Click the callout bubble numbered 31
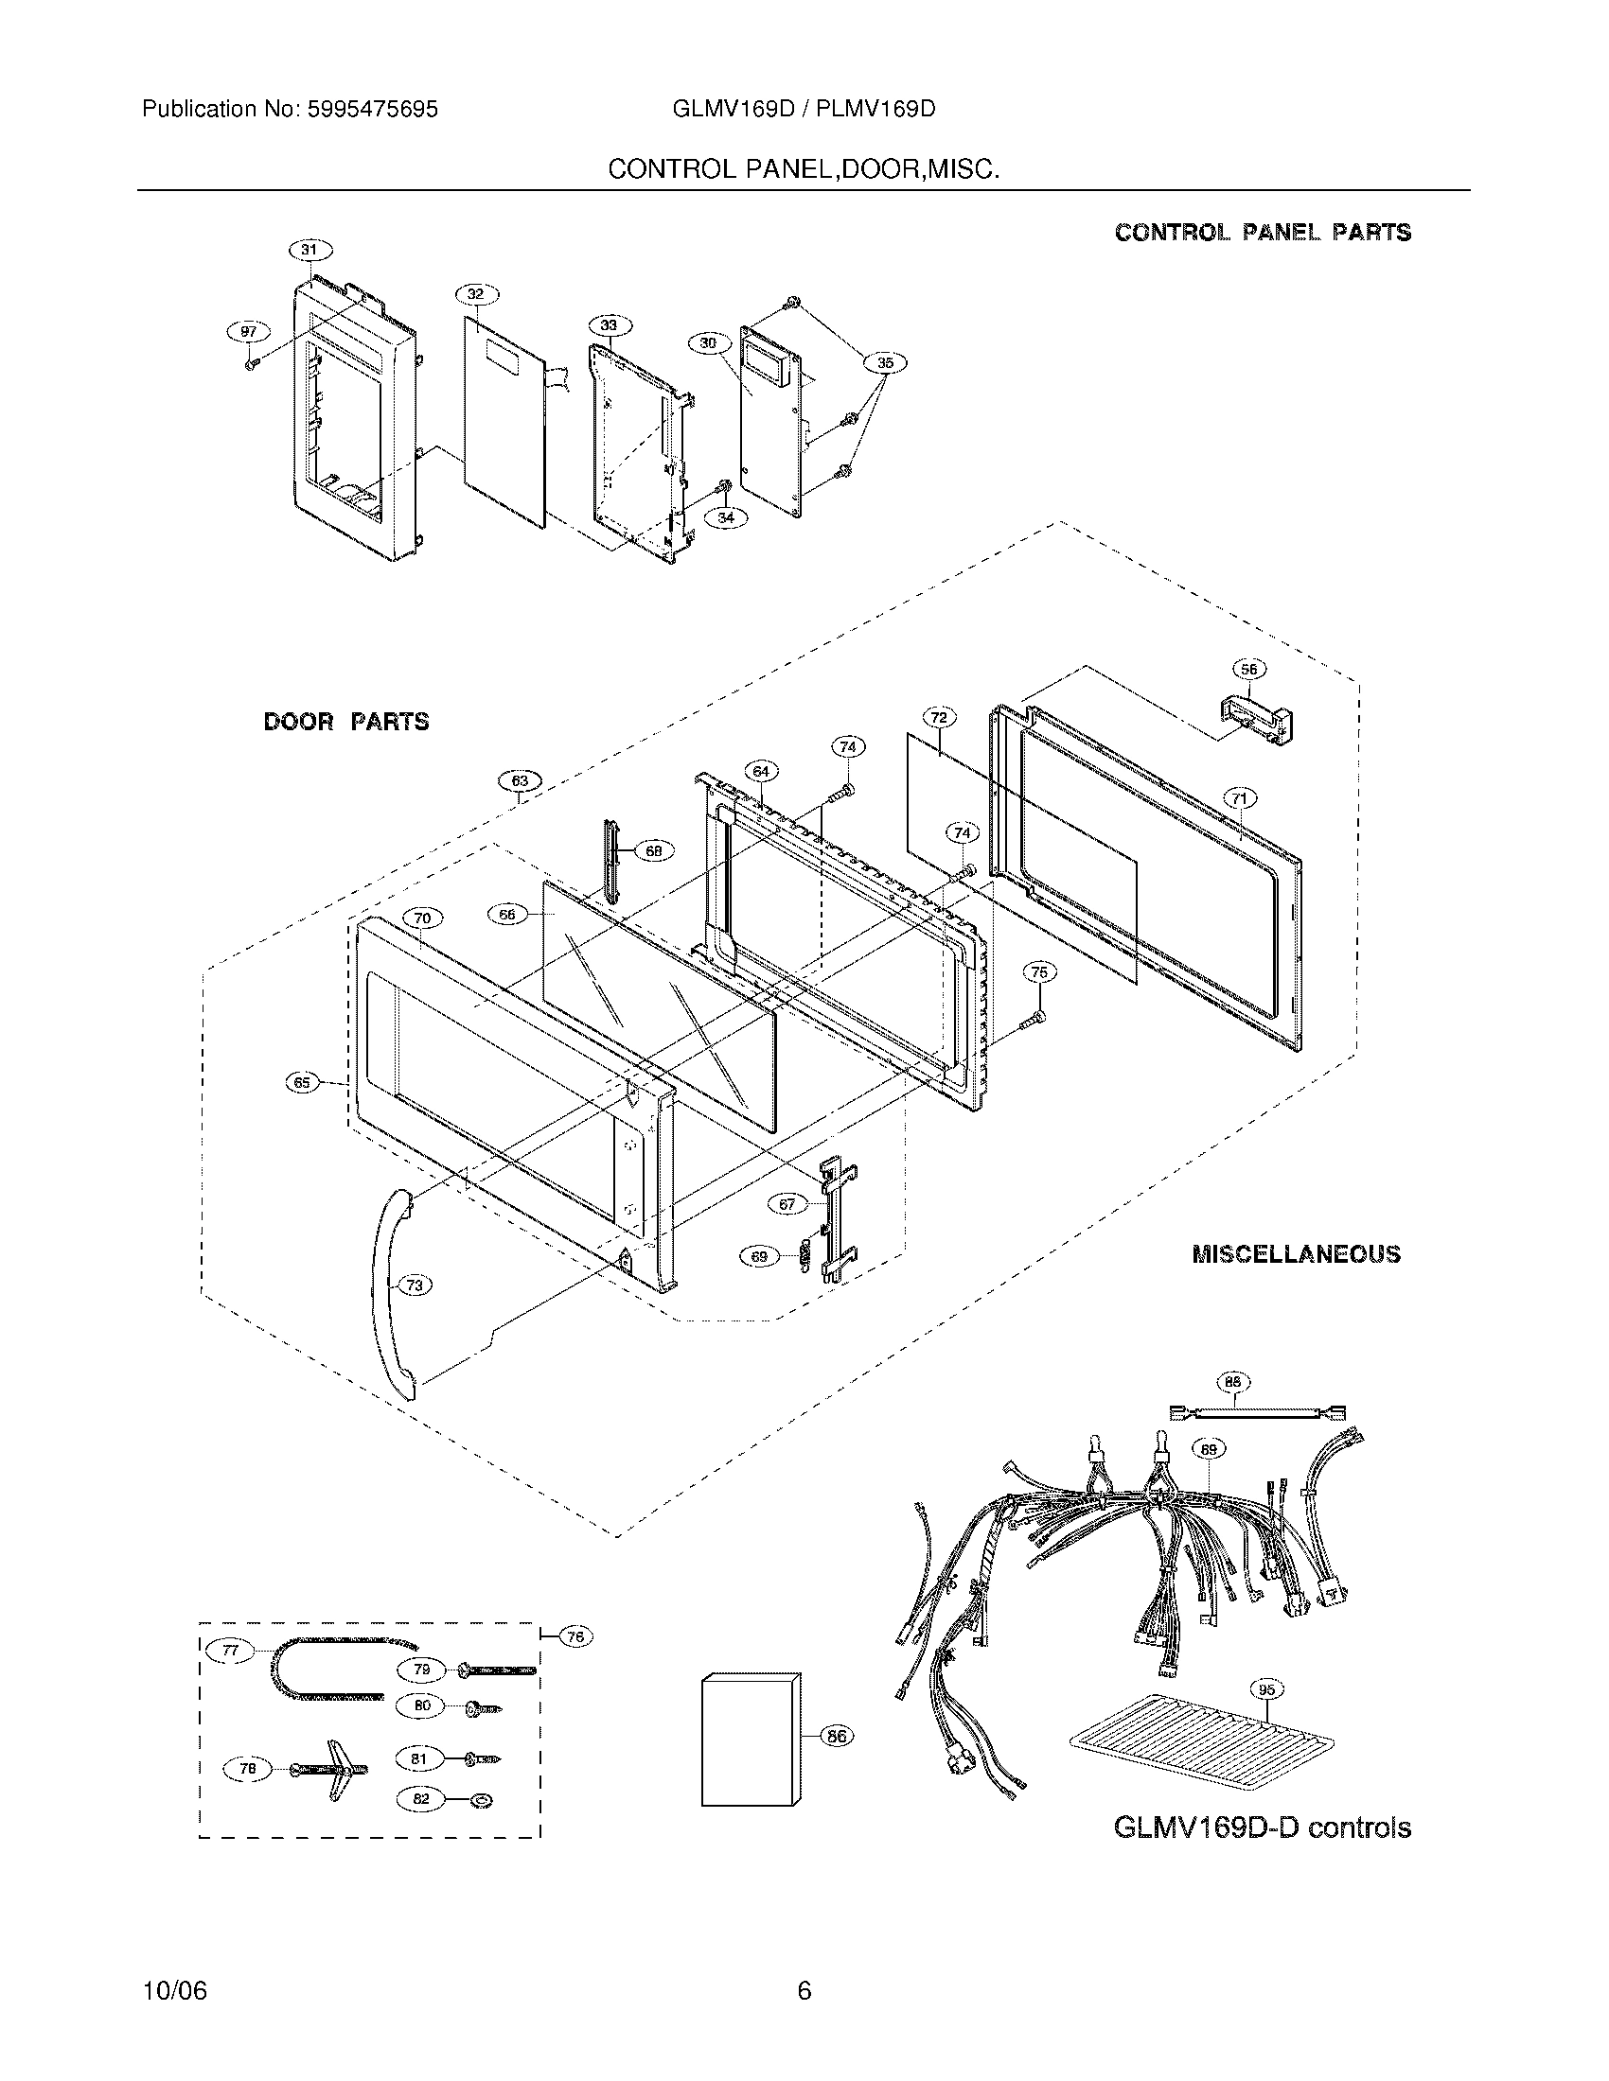[x=309, y=250]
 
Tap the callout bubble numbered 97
[x=248, y=331]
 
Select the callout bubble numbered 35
[x=885, y=362]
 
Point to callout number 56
[x=1248, y=669]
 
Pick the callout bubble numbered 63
[x=520, y=781]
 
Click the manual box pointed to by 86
[x=751, y=1738]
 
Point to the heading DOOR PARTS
[x=346, y=723]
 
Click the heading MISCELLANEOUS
[x=1297, y=1254]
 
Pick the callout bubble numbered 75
[x=1039, y=971]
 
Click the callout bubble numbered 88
[x=1234, y=1382]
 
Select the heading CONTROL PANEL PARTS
[x=1263, y=233]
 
